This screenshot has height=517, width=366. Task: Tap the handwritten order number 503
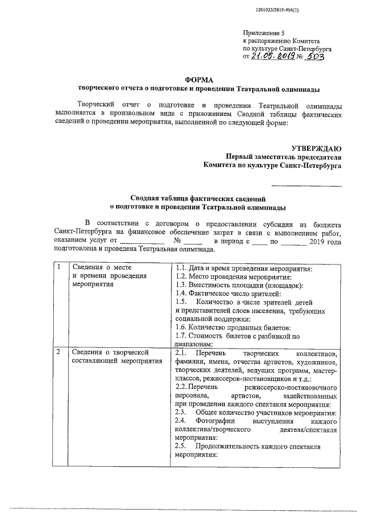point(315,57)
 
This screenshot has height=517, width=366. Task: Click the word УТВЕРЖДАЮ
point(316,149)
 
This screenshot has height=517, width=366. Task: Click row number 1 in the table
point(59,267)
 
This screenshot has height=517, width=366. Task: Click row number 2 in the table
point(59,352)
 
